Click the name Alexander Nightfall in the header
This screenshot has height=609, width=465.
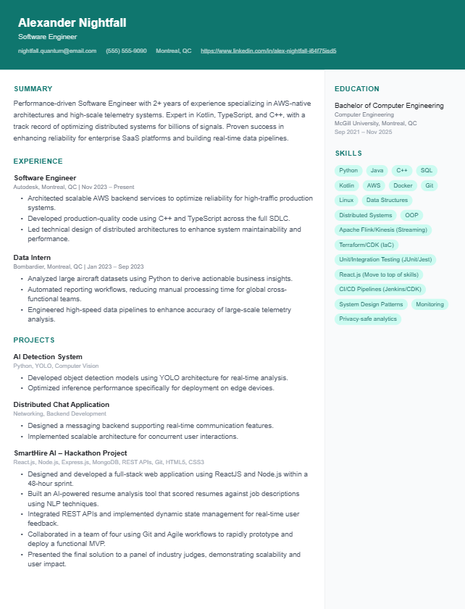(72, 23)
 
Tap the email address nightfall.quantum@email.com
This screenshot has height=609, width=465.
(57, 51)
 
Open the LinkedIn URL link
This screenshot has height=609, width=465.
(268, 51)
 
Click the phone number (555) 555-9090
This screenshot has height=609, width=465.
(126, 51)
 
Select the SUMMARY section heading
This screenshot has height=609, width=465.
(33, 89)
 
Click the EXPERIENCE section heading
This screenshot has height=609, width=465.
(38, 161)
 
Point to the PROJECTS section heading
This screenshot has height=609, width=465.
(34, 340)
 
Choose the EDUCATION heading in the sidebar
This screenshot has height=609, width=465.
(357, 89)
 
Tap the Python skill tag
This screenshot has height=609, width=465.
(348, 171)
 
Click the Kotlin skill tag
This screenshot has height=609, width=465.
(348, 185)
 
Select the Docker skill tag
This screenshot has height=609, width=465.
(403, 185)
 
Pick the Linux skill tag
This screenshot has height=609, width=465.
(346, 200)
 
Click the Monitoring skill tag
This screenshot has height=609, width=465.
(430, 304)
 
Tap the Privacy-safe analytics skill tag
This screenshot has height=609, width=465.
(368, 319)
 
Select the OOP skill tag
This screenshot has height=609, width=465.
(411, 215)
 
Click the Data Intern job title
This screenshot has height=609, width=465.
(33, 257)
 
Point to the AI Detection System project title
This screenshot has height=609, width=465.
(48, 357)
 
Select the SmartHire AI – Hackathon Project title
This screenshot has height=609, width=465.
(70, 453)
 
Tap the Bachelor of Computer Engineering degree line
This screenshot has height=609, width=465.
(389, 106)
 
